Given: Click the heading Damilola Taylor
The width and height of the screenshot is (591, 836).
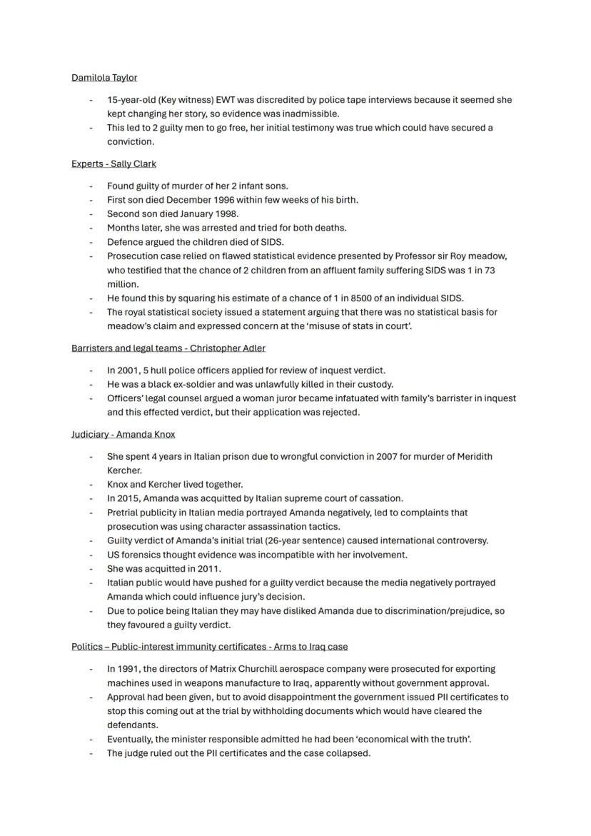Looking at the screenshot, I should (104, 78).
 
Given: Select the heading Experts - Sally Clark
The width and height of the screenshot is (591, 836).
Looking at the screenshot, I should (113, 164).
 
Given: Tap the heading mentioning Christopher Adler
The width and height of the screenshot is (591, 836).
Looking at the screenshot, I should (168, 348).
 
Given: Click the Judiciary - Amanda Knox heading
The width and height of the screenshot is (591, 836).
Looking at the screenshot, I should (123, 434).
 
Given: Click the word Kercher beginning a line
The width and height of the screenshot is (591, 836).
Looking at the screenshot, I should (123, 470).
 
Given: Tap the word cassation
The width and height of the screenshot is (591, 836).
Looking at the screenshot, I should (379, 498).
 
